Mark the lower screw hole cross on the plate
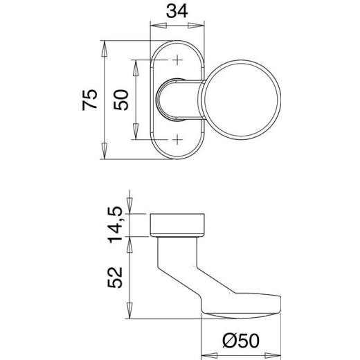[x=177, y=140]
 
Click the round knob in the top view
[x=243, y=100]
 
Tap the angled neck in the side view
[x=183, y=270]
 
